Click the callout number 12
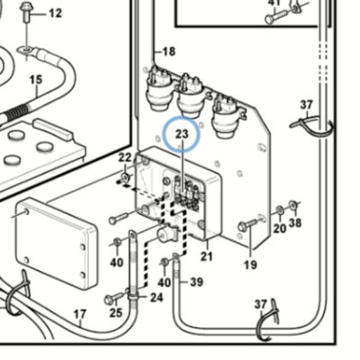pos(55,13)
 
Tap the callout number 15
pos(36,80)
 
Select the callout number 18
pos(168,51)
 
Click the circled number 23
pos(182,134)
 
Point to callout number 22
pos(125,157)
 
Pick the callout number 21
pos(206,256)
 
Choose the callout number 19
pos(250,265)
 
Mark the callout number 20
pos(280,229)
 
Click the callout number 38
pos(295,222)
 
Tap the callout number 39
pos(196,282)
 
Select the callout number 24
pos(157,298)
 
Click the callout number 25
pos(116,312)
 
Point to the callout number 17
pos(80,314)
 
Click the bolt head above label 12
pos(25,7)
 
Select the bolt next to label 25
pos(113,298)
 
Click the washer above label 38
pos(292,205)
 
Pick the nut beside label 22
pos(124,176)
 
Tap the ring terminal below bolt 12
pos(26,50)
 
